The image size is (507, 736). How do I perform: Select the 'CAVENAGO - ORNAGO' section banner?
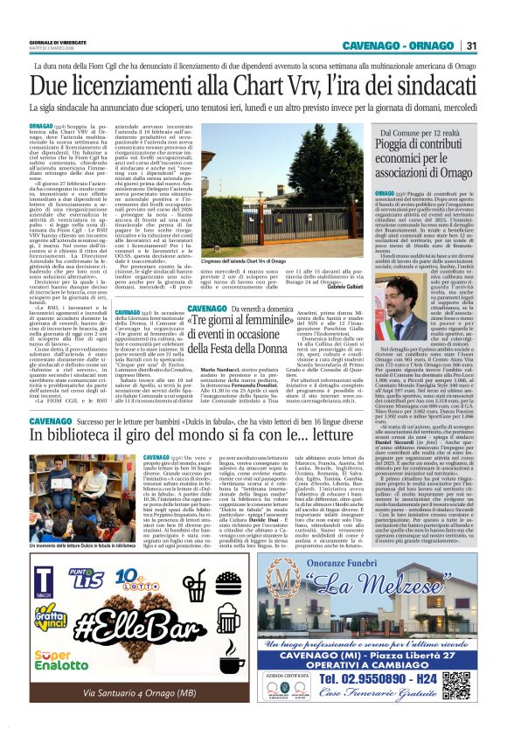pyautogui.click(x=399, y=45)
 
